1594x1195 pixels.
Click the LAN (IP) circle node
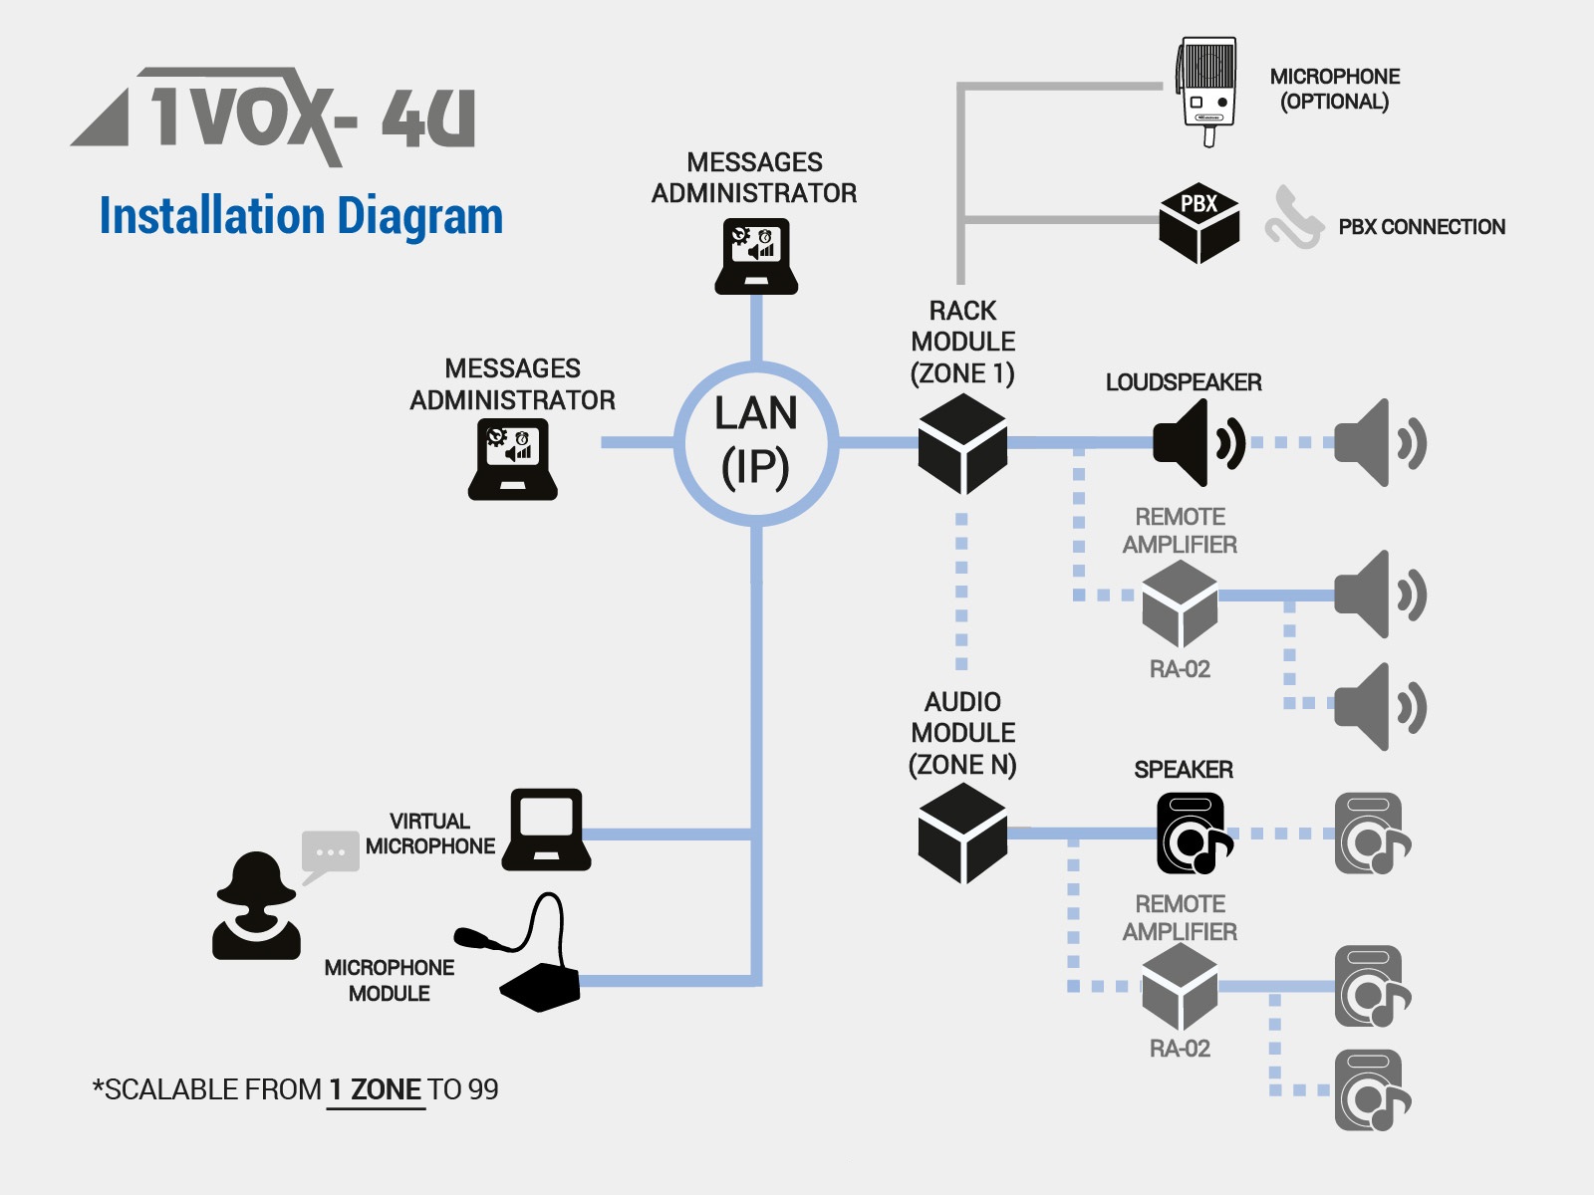click(x=756, y=442)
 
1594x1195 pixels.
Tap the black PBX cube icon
click(x=1198, y=222)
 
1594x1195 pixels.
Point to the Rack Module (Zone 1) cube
click(x=962, y=443)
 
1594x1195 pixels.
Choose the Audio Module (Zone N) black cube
click(x=962, y=833)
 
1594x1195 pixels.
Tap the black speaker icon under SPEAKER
click(x=1194, y=833)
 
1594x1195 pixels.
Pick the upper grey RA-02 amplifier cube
click(x=1180, y=602)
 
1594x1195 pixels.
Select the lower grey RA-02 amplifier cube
click(x=1180, y=986)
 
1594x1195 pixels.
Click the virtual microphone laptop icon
click(x=546, y=830)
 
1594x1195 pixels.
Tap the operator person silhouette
click(x=256, y=906)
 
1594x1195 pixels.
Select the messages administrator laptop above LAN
click(x=756, y=256)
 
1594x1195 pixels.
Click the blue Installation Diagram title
click(x=301, y=216)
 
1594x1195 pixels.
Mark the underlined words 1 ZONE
click(x=376, y=1089)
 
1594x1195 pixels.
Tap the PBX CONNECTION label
click(x=1421, y=227)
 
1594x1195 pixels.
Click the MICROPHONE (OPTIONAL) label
click(x=1334, y=89)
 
